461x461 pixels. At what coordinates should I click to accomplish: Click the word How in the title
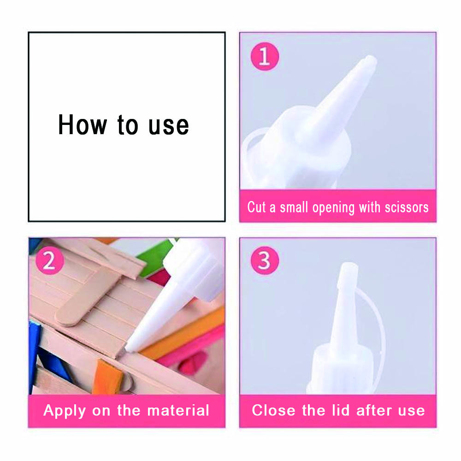[x=83, y=124]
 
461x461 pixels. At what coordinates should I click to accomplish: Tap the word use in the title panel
[x=168, y=126]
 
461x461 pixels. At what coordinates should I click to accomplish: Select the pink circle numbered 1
[x=265, y=56]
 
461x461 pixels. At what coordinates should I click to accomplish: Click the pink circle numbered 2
[x=49, y=260]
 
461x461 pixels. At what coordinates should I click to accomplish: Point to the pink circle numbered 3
[x=265, y=260]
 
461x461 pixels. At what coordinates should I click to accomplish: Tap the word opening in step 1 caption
[x=333, y=208]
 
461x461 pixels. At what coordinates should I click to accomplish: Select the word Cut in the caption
[x=257, y=207]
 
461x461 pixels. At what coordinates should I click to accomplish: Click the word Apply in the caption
[x=65, y=411]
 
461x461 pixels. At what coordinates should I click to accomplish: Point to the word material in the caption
[x=178, y=410]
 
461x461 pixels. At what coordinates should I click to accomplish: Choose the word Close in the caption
[x=273, y=410]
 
